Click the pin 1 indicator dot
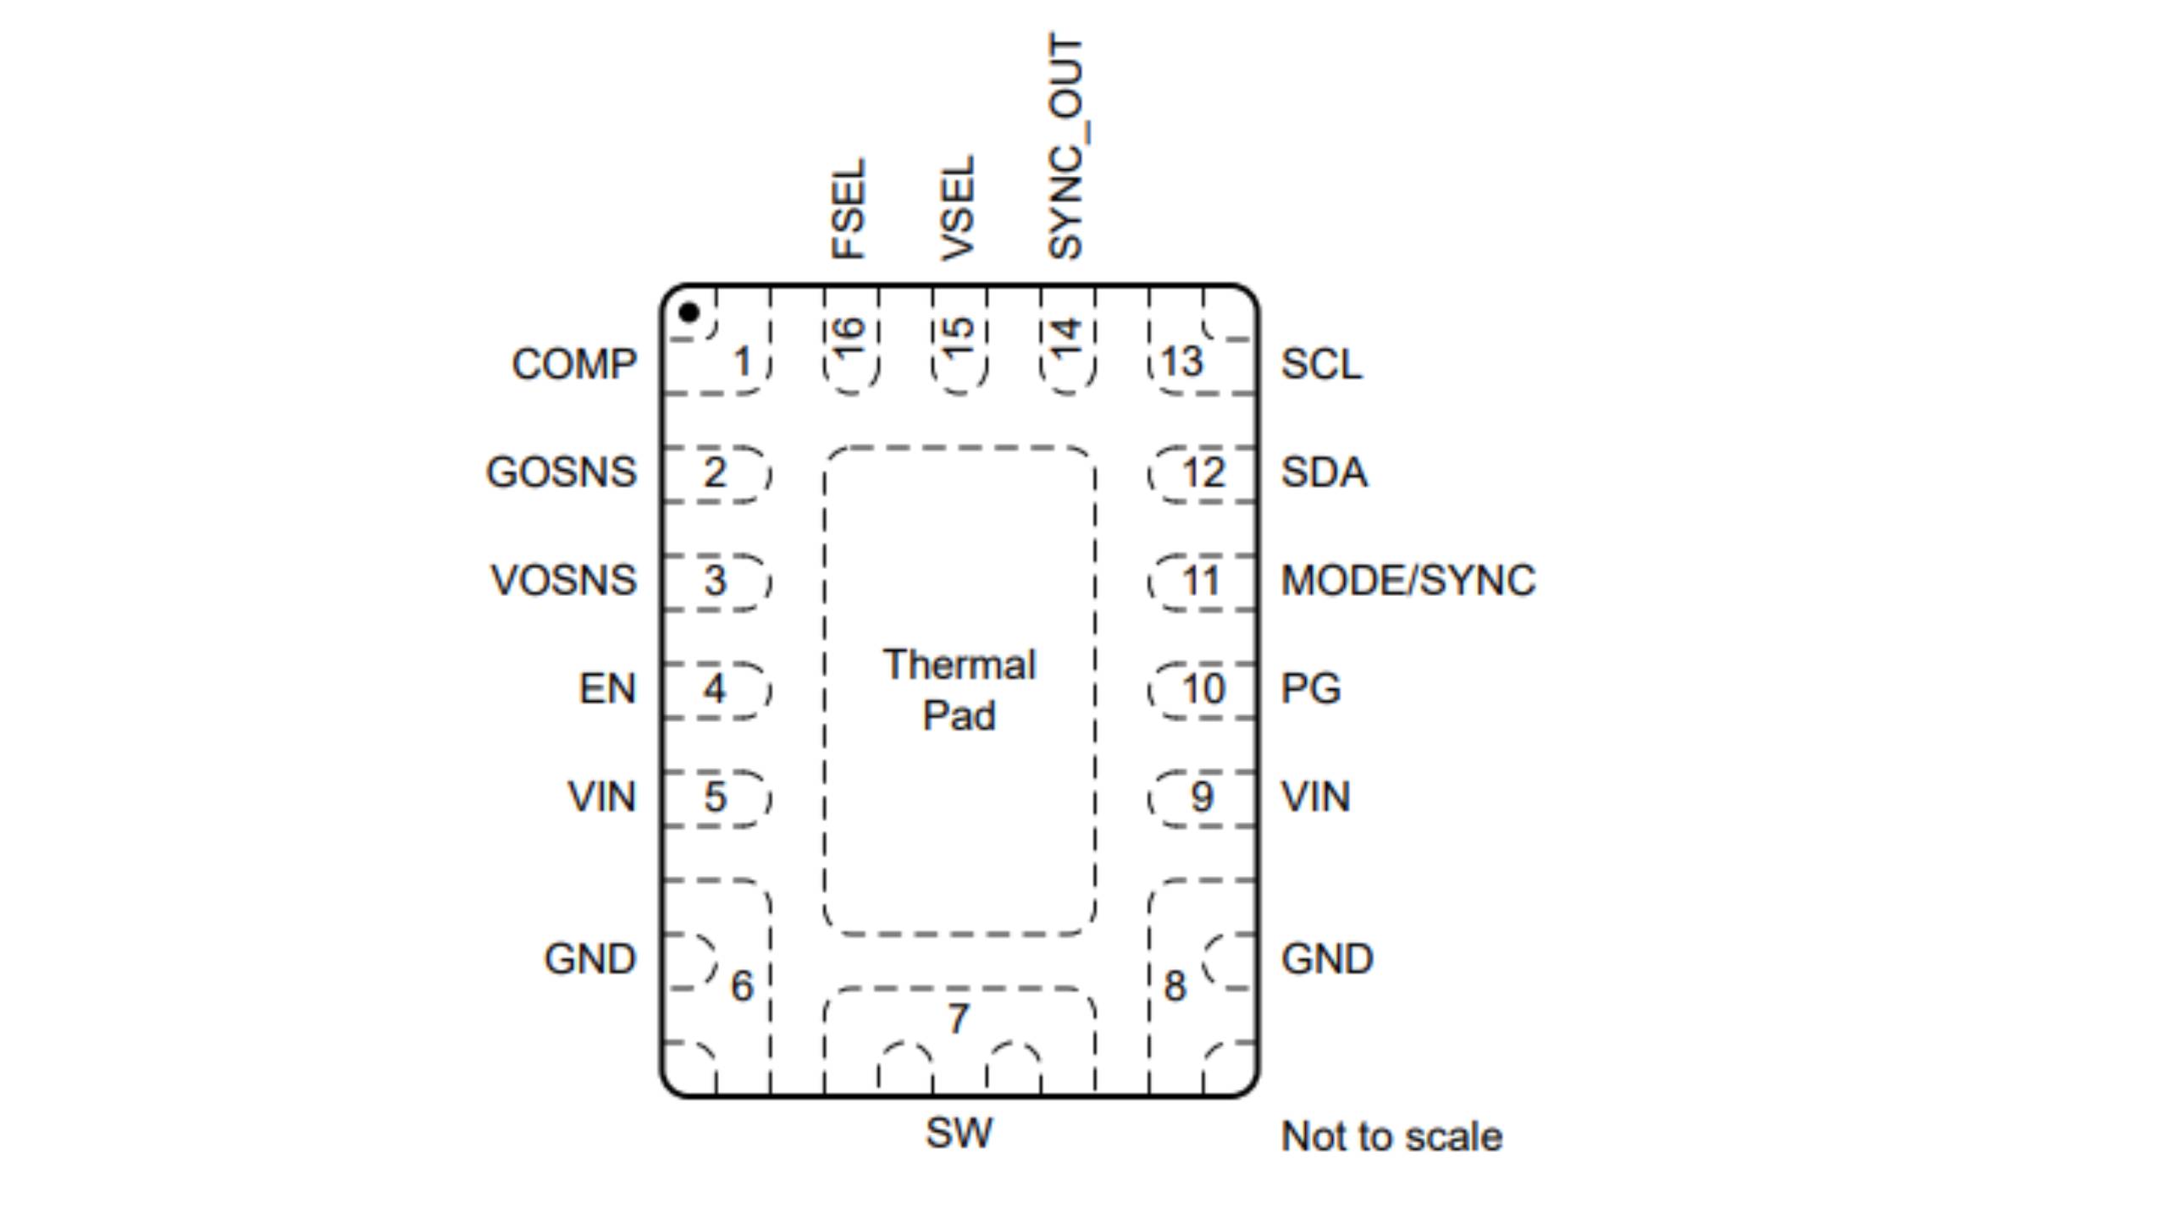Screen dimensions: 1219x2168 click(x=689, y=312)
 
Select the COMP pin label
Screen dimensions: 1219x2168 click(x=573, y=364)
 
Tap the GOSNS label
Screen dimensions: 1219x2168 click(x=561, y=472)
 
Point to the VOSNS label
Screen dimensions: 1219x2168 click(x=563, y=581)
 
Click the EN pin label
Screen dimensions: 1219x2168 click(x=606, y=688)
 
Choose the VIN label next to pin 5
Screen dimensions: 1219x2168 click(x=601, y=797)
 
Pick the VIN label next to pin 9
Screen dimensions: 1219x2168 click(x=1315, y=797)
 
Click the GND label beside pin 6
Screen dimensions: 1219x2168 click(x=589, y=959)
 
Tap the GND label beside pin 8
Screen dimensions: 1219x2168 click(x=1327, y=959)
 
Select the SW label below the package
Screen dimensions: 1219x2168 click(x=959, y=1133)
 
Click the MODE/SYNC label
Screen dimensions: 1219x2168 click(x=1408, y=581)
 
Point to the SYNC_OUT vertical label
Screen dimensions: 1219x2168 click(x=1065, y=146)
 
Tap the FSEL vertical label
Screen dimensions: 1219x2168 click(x=849, y=208)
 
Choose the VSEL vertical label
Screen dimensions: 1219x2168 click(x=958, y=208)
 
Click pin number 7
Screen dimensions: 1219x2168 click(x=958, y=1018)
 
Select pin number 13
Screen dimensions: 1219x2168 click(x=1181, y=362)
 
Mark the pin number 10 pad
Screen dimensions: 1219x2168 click(x=1203, y=689)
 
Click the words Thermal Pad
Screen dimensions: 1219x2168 click(x=959, y=690)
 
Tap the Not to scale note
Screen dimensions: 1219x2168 click(x=1391, y=1136)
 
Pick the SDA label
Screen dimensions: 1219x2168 click(x=1324, y=472)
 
